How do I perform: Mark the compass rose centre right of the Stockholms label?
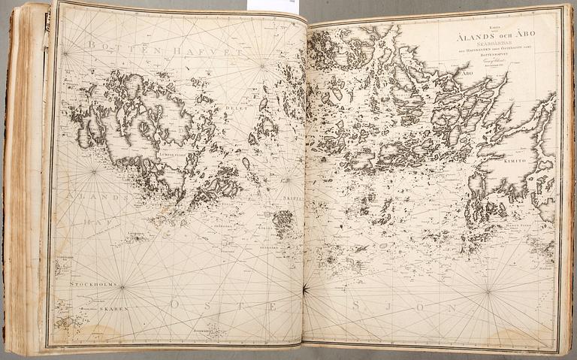(122, 286)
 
